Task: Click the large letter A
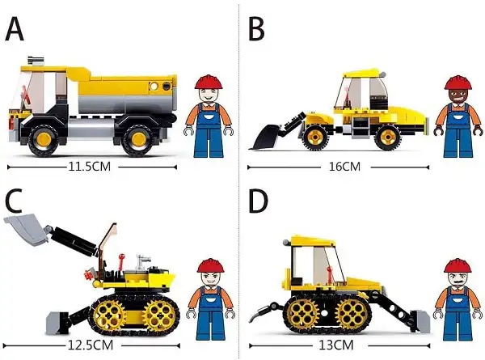coord(15,29)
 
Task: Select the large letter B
coord(256,29)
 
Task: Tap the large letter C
coord(14,201)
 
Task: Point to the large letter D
coord(258,201)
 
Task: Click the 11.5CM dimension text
coord(90,167)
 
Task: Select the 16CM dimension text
coord(344,167)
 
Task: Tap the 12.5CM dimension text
coord(91,345)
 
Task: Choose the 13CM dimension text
coord(336,345)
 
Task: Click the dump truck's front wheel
coord(44,140)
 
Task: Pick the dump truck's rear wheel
coord(138,140)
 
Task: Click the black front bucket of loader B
coord(265,138)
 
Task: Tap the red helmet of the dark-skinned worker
coord(458,83)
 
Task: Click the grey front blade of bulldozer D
coord(420,322)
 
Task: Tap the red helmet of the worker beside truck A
coord(209,82)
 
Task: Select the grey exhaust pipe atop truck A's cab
coord(36,60)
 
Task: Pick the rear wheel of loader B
coord(387,137)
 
